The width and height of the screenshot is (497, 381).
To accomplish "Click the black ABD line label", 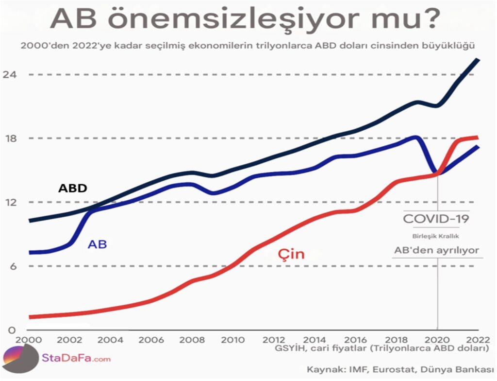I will [x=72, y=188].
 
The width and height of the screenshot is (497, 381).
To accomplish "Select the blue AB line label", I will [x=97, y=244].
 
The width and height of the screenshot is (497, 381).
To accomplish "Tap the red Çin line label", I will [x=291, y=254].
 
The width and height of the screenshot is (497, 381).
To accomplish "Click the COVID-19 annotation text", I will [x=436, y=219].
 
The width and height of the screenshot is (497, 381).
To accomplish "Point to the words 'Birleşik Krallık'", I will [x=435, y=236].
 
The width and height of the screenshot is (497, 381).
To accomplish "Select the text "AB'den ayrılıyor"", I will [x=436, y=251].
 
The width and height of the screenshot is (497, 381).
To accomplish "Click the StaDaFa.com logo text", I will [x=76, y=359].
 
